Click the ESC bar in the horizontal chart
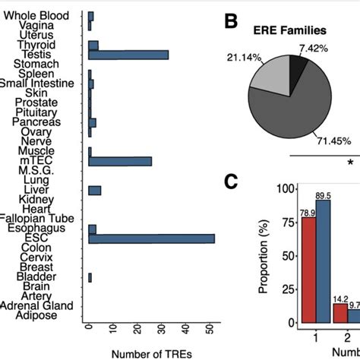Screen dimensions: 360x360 151,238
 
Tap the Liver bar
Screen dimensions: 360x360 94,190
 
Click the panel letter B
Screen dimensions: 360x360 234,21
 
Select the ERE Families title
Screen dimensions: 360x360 289,32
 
